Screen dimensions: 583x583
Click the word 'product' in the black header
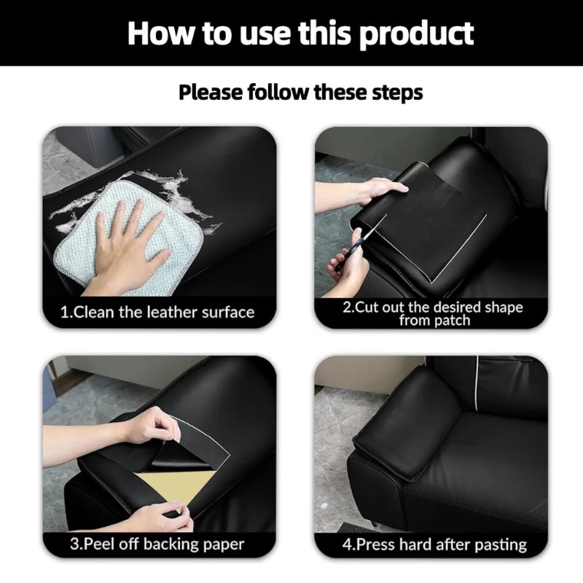tap(416, 34)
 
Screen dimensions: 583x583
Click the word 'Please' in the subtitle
tap(211, 92)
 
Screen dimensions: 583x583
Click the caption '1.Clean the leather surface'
tap(157, 313)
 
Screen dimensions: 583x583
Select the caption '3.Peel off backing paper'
tap(157, 544)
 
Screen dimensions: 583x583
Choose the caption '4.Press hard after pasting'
tap(434, 544)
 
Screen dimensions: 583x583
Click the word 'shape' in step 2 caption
tap(504, 308)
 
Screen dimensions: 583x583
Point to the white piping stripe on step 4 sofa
tap(477, 383)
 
